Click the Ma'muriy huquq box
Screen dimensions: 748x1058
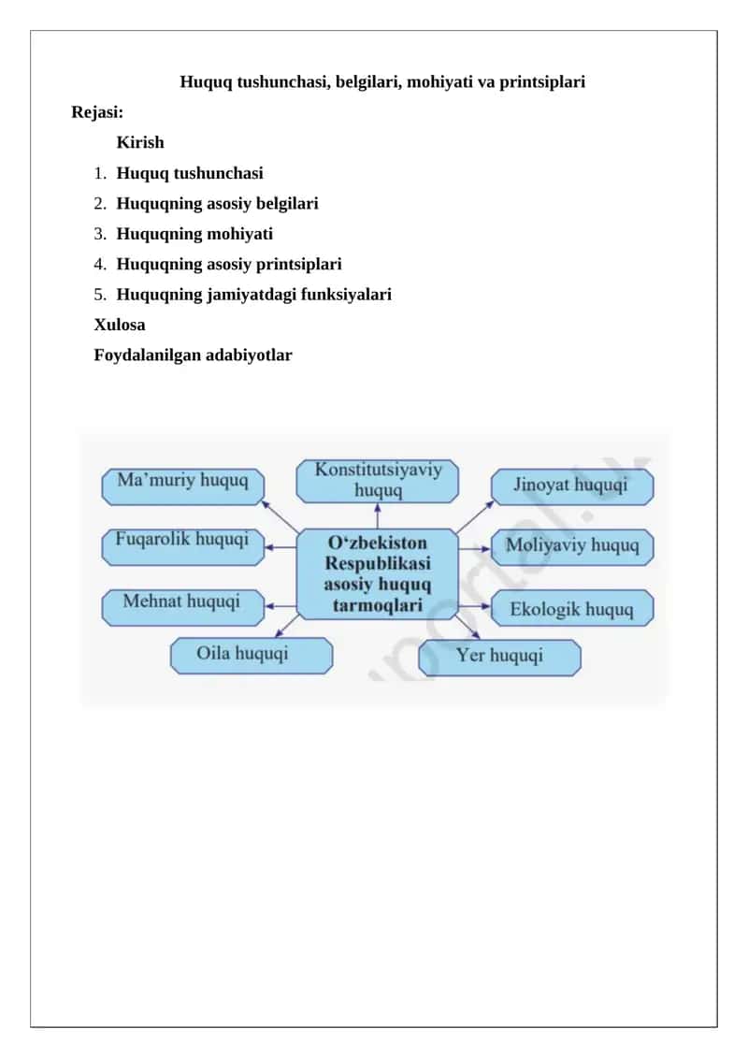pyautogui.click(x=182, y=486)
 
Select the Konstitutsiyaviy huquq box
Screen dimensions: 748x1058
pyautogui.click(x=378, y=481)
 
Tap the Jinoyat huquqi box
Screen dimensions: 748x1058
pyautogui.click(x=572, y=486)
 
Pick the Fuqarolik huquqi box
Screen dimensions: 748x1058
pyautogui.click(x=182, y=547)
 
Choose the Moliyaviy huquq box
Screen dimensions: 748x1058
pyautogui.click(x=572, y=547)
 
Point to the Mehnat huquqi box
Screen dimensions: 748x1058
pyautogui.click(x=182, y=608)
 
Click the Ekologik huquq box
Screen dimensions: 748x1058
pyautogui.click(x=572, y=608)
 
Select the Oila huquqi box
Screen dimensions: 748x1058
pyautogui.click(x=252, y=656)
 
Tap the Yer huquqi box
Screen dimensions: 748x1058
pyautogui.click(x=500, y=658)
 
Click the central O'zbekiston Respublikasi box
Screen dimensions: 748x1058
pyautogui.click(x=378, y=574)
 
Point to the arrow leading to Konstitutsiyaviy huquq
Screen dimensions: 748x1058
pyautogui.click(x=378, y=516)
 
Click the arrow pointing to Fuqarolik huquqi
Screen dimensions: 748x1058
pyautogui.click(x=280, y=547)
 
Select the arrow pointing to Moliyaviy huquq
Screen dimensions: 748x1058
pyautogui.click(x=475, y=548)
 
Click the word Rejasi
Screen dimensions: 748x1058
pyautogui.click(x=97, y=112)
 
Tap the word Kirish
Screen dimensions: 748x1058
pyautogui.click(x=140, y=142)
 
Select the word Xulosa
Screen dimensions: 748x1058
pyautogui.click(x=120, y=325)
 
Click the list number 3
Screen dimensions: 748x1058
pyautogui.click(x=100, y=234)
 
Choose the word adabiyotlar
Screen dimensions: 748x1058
pyautogui.click(x=249, y=355)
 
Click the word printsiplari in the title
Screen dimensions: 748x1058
pyautogui.click(x=542, y=82)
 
